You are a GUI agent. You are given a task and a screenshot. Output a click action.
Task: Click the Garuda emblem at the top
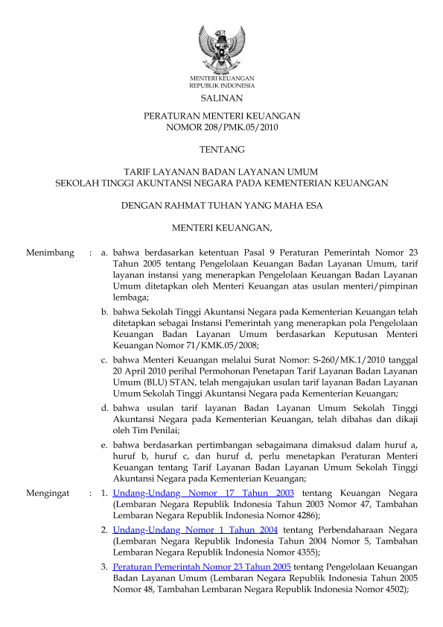221,48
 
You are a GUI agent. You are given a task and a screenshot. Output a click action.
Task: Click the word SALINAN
221,98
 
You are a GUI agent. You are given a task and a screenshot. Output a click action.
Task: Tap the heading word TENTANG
221,150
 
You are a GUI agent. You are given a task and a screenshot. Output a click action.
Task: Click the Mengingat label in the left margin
48,494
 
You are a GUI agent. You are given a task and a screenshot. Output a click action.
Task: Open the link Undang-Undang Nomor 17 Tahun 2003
203,494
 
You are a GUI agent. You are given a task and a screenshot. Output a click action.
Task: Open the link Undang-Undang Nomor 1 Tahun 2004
195,529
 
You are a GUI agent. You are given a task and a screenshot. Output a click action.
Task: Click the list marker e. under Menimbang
105,444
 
